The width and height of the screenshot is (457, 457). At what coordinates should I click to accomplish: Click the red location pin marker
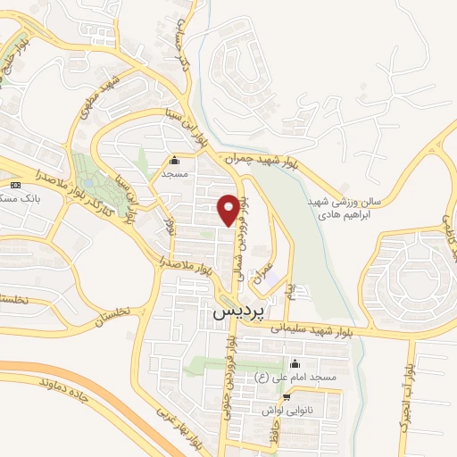click(x=228, y=209)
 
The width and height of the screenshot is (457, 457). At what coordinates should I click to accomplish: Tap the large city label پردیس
click(x=238, y=314)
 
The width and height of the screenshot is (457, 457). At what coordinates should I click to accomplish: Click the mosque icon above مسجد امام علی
click(x=295, y=364)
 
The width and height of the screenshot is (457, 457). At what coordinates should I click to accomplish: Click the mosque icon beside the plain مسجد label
click(x=174, y=162)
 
